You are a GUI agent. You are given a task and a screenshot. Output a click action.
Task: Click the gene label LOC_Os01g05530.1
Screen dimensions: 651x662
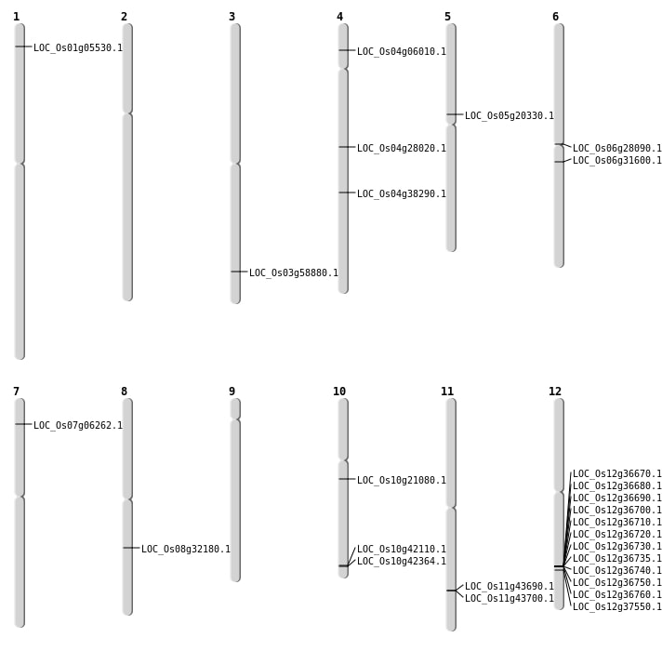[78, 48]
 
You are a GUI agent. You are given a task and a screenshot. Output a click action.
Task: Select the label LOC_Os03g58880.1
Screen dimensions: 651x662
[294, 273]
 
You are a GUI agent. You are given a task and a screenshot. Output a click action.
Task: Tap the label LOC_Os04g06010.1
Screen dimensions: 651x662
[402, 52]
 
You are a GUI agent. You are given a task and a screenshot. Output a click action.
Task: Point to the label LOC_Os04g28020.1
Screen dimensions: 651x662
[402, 149]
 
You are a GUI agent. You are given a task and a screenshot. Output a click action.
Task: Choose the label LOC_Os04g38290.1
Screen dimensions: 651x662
[402, 194]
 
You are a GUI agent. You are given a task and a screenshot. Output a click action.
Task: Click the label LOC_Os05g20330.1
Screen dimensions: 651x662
[510, 116]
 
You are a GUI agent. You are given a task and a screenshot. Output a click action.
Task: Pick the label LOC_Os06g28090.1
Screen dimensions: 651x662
[617, 149]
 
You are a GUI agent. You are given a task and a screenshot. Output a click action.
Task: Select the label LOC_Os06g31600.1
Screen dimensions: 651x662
[617, 161]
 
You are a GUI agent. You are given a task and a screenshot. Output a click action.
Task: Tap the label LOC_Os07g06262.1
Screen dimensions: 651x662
[78, 426]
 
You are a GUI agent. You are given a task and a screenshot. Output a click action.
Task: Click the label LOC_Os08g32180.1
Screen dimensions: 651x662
[186, 550]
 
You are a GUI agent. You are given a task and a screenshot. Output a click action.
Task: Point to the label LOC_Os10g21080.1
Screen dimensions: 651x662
[402, 481]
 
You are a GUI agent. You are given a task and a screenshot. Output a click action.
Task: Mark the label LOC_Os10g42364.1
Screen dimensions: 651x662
[402, 562]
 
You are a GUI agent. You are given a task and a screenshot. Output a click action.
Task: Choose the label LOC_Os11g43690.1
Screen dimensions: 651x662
[510, 587]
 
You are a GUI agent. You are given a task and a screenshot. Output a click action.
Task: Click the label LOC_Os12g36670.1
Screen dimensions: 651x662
[617, 474]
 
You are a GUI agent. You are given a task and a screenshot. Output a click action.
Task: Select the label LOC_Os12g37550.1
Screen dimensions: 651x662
[617, 607]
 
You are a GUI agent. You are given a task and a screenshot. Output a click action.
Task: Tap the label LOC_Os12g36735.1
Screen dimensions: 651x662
[617, 559]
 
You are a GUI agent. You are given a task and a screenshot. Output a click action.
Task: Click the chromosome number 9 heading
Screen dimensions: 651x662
[232, 392]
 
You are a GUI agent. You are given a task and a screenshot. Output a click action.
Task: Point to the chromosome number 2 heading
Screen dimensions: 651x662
[124, 17]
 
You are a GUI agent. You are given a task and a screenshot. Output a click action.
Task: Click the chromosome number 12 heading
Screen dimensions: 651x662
[555, 392]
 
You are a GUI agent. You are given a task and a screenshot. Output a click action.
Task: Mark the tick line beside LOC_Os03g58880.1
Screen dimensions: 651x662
[239, 272]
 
